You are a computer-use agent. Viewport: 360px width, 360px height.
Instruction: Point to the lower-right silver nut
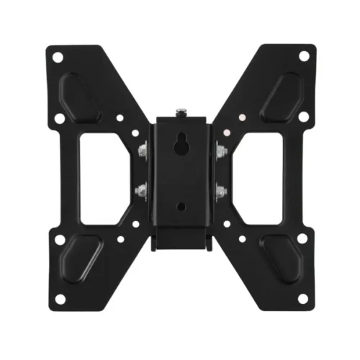click(x=220, y=191)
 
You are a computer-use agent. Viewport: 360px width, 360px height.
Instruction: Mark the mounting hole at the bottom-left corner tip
click(x=60, y=299)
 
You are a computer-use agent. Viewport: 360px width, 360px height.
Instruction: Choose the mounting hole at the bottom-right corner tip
click(x=301, y=299)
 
